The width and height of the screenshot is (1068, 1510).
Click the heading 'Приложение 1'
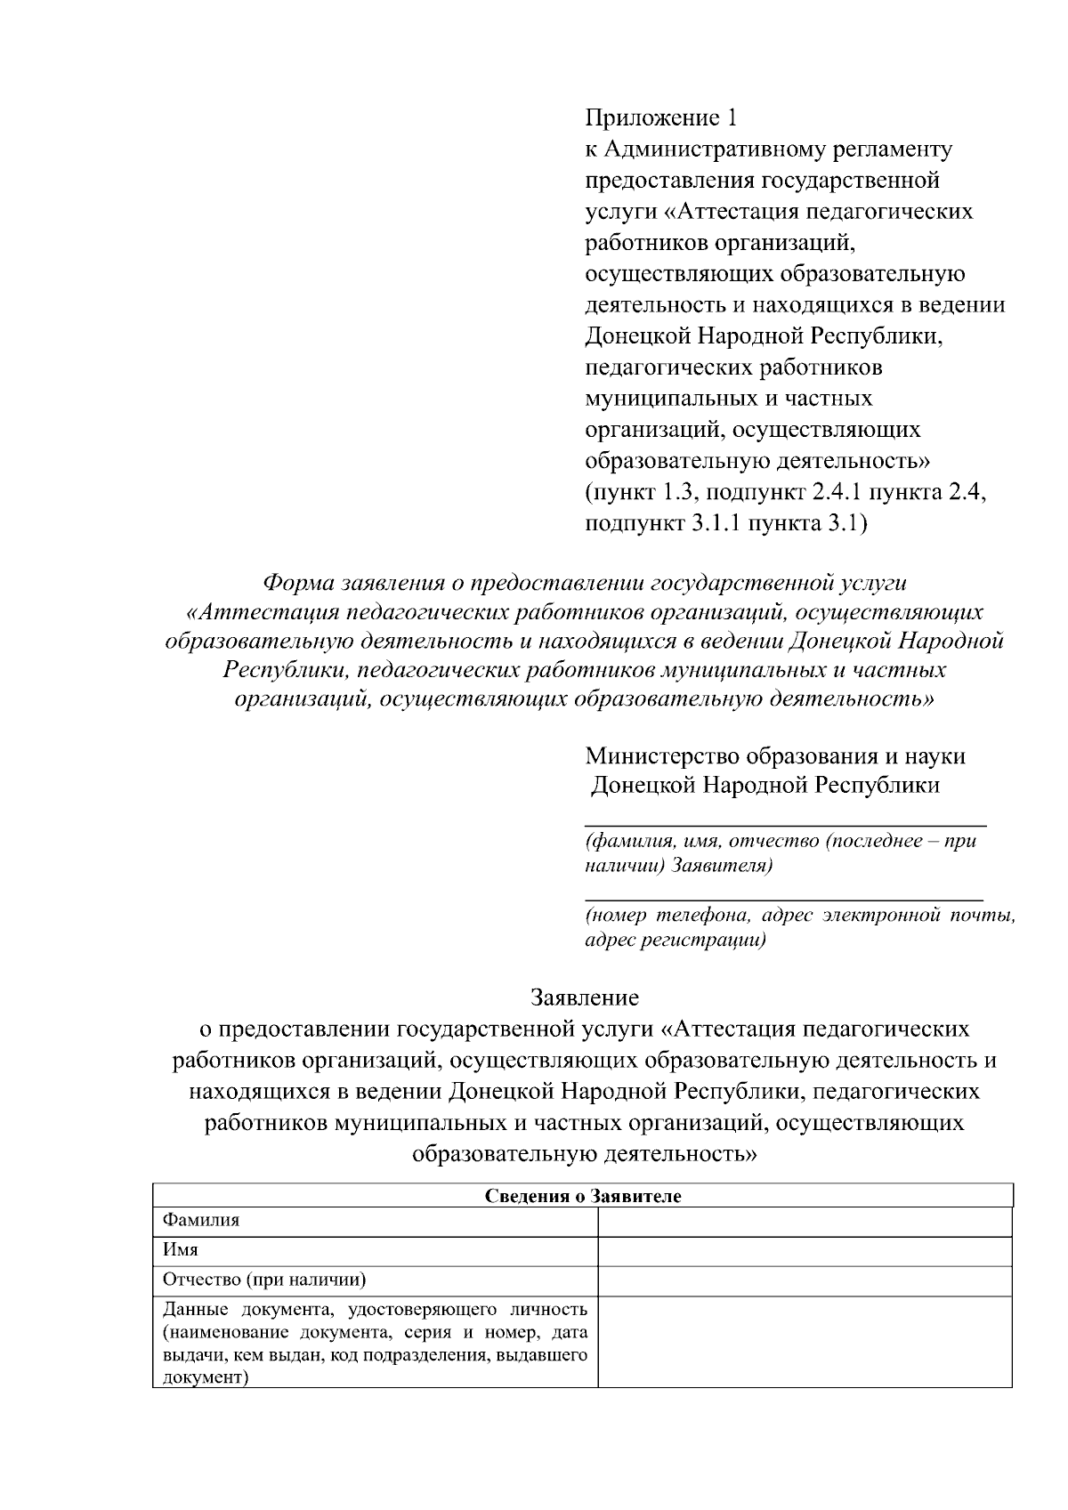click(661, 117)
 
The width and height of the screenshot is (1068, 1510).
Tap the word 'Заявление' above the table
click(585, 996)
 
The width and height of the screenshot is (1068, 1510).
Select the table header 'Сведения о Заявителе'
click(583, 1196)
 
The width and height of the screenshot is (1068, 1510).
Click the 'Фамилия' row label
click(201, 1221)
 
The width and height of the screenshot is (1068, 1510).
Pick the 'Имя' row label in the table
click(181, 1250)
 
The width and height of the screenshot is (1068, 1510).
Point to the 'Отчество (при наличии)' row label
click(264, 1280)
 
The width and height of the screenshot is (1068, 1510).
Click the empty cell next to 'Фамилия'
click(805, 1222)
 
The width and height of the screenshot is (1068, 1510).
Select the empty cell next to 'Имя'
click(805, 1251)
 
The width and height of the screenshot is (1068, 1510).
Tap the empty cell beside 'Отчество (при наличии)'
click(805, 1281)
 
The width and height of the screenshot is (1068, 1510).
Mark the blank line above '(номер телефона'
click(783, 899)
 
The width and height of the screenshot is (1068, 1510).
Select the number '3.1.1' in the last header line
click(716, 523)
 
